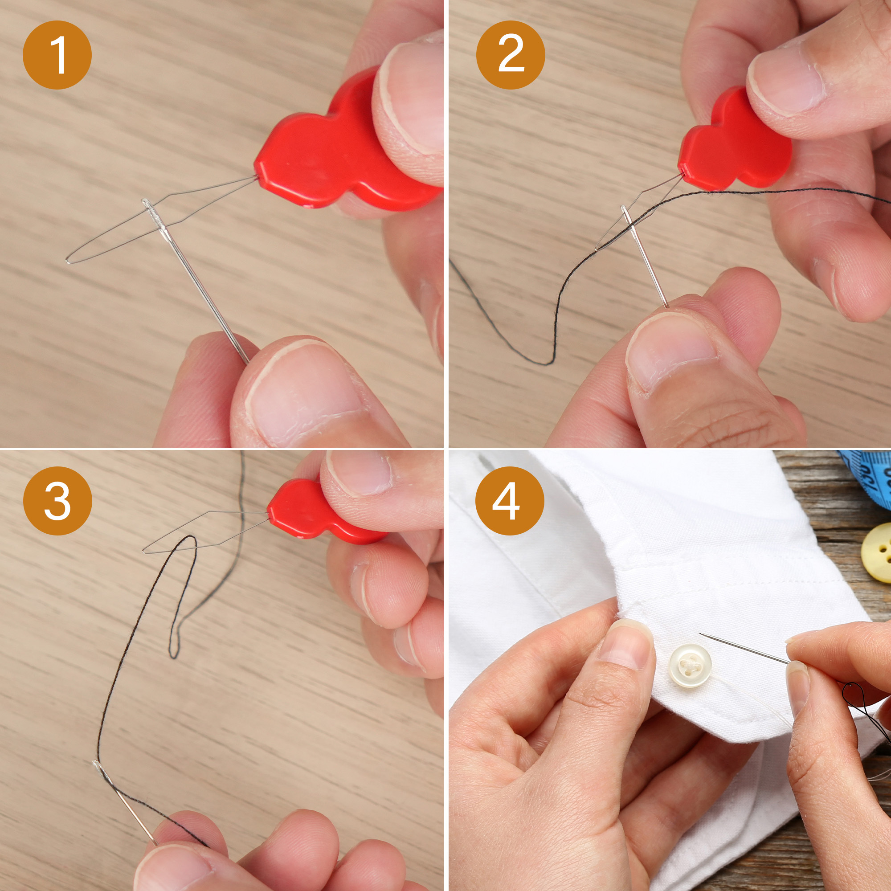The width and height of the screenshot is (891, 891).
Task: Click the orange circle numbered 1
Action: pyautogui.click(x=57, y=55)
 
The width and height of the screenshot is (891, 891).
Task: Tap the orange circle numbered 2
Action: pyautogui.click(x=511, y=55)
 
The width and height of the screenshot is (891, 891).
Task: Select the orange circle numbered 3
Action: pyautogui.click(x=57, y=500)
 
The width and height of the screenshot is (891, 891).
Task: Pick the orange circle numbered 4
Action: pyautogui.click(x=510, y=500)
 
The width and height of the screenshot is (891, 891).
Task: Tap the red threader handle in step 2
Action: pyautogui.click(x=733, y=143)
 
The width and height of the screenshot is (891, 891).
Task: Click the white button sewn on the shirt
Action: pyautogui.click(x=690, y=666)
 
